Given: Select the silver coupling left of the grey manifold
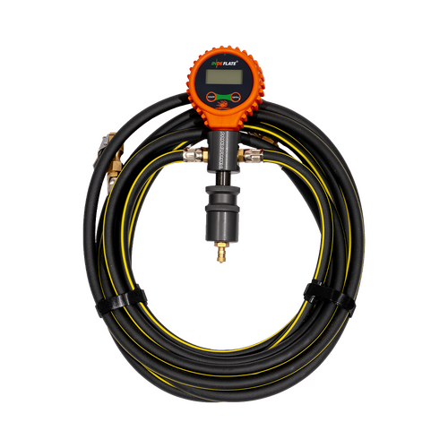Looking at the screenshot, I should [x=191, y=156].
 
